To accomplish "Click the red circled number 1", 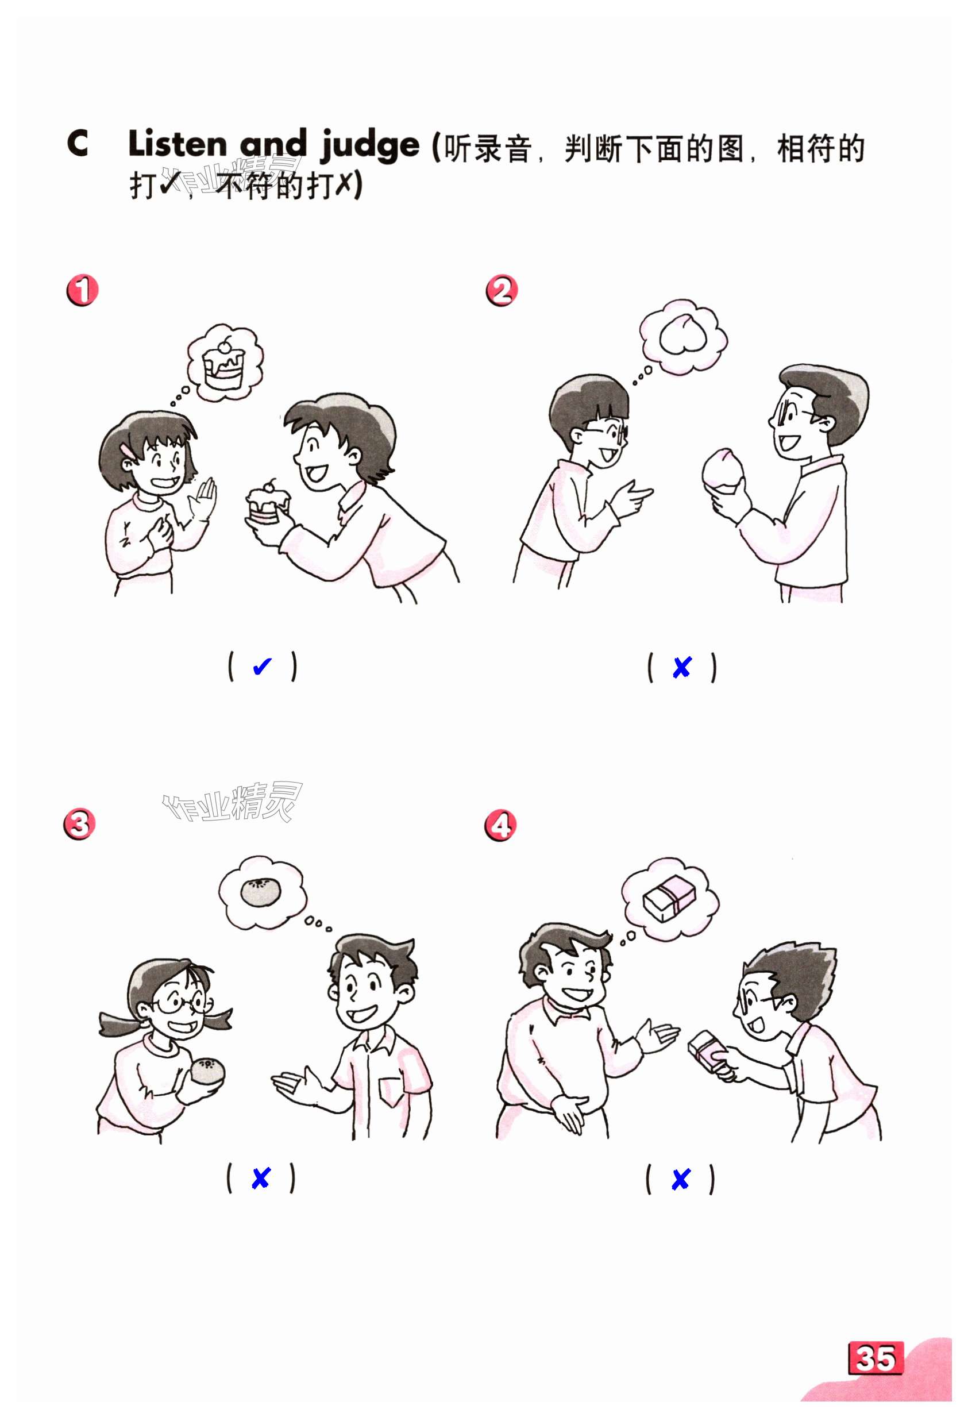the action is click(x=82, y=290).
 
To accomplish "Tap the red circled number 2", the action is click(x=501, y=290).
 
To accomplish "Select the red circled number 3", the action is click(x=80, y=825).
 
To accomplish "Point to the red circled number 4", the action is click(x=500, y=826).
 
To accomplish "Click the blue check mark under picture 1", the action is click(x=261, y=667).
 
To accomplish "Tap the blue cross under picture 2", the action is click(x=681, y=668).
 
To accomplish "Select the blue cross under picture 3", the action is click(x=260, y=1178).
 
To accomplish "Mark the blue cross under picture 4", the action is click(x=680, y=1179).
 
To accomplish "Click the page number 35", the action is click(x=876, y=1359).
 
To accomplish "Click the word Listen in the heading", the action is click(x=178, y=144).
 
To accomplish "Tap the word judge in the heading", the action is click(x=369, y=147).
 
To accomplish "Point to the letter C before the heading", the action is click(x=78, y=144).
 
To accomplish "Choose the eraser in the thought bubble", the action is click(x=669, y=898).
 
